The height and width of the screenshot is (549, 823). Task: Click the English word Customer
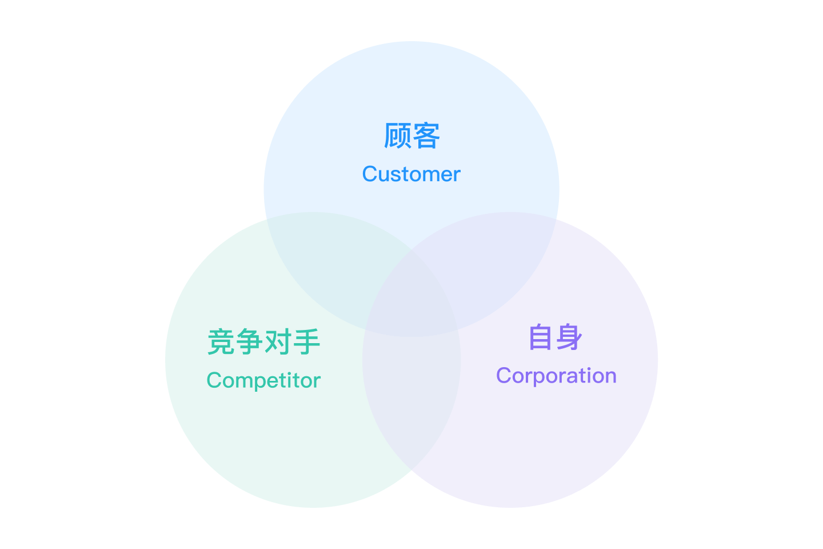click(411, 174)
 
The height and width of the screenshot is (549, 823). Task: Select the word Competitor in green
click(263, 380)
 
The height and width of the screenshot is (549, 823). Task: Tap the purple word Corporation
click(556, 376)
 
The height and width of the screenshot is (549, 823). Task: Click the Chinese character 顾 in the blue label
click(397, 136)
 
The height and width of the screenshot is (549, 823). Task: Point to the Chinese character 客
click(426, 136)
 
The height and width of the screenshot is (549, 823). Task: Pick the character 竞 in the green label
click(221, 341)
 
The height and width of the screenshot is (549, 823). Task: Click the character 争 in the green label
click(249, 341)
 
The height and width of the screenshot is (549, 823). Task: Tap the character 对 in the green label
click(278, 341)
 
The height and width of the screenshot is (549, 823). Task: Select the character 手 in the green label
click(306, 341)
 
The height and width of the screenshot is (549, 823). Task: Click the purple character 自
click(541, 337)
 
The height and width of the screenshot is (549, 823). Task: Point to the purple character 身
click(570, 337)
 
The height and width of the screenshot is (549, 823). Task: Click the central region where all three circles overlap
click(411, 297)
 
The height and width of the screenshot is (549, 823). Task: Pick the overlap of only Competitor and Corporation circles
click(411, 400)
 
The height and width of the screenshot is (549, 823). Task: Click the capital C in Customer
click(370, 174)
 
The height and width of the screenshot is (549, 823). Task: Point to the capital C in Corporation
click(504, 376)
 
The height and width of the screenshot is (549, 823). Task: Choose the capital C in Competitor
click(214, 380)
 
